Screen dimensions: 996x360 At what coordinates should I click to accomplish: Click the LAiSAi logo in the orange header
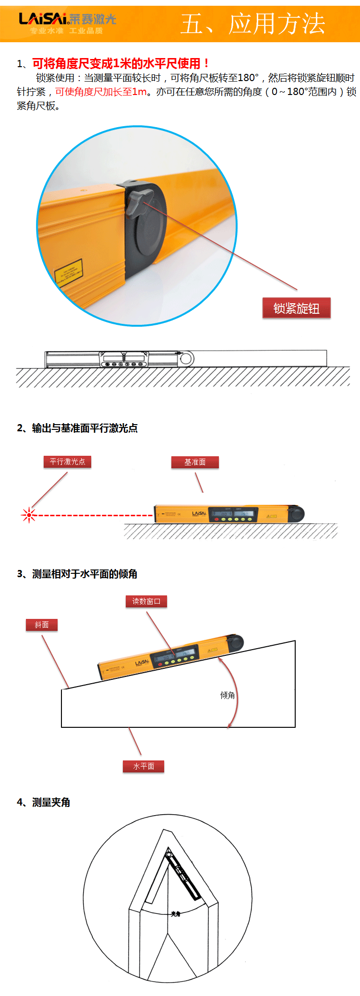coord(67,20)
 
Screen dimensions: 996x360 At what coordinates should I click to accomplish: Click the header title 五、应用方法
coord(253,24)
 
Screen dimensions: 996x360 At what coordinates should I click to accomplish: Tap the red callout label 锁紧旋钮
coord(296,308)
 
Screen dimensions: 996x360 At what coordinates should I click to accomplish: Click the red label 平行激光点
coord(67,462)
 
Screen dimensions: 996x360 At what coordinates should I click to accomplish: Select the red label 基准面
coord(195,462)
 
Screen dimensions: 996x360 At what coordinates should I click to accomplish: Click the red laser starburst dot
coord(29,515)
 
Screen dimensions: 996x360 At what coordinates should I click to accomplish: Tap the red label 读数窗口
coord(146,601)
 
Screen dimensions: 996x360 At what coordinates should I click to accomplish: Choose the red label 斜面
coord(42,625)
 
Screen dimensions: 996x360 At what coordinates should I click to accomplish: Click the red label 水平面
coord(144,766)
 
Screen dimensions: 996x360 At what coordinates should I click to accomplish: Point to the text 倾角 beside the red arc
coord(228,695)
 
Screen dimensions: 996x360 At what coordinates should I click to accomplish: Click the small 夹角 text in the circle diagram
coord(176,914)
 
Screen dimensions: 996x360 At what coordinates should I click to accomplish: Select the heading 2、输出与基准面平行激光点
coord(77,428)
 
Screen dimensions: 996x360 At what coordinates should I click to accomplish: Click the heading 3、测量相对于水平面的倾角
coord(77,574)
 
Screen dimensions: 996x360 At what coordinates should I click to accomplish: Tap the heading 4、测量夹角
coord(44,802)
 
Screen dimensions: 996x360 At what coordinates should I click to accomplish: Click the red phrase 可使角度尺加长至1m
coord(101,92)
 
